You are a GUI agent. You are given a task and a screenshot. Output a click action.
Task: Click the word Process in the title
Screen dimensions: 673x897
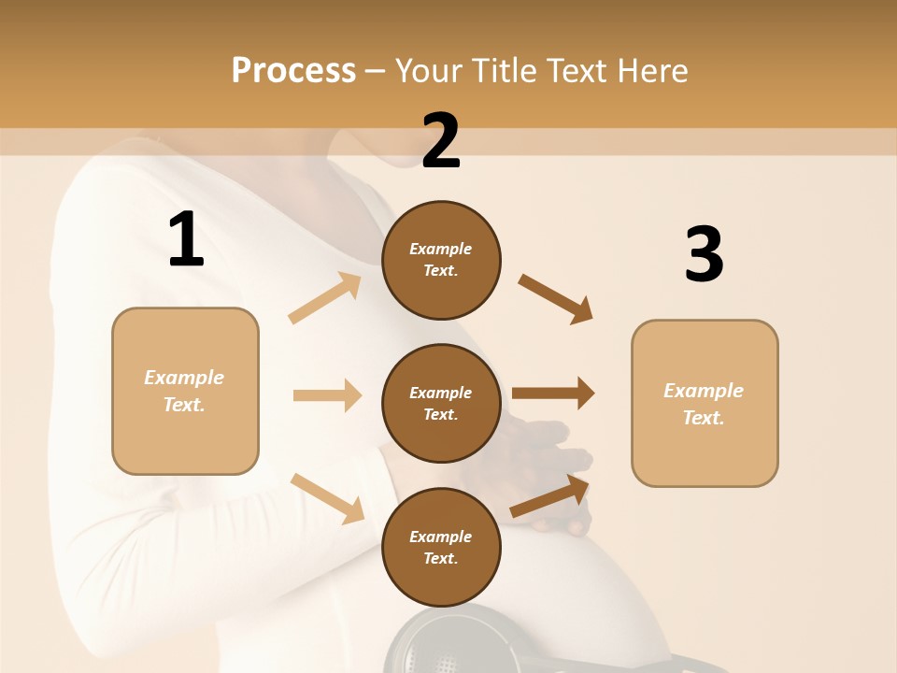(x=293, y=70)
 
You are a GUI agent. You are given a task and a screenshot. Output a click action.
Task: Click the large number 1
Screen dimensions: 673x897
(x=186, y=240)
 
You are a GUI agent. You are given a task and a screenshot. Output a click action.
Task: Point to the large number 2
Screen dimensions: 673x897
(x=441, y=142)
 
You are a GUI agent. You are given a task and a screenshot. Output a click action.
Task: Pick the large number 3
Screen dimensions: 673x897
(x=704, y=255)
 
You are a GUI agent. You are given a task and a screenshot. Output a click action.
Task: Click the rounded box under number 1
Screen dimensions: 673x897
(x=185, y=391)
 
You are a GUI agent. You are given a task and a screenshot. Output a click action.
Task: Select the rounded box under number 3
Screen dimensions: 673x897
(x=705, y=403)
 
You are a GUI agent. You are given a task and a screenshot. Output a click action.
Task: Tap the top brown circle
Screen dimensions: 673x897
(x=441, y=260)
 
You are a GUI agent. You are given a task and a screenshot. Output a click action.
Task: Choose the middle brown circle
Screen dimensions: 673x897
(x=441, y=403)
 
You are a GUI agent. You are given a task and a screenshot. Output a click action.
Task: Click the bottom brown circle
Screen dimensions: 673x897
(x=441, y=547)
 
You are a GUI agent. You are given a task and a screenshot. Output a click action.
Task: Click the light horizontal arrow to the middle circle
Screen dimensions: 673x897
(x=327, y=395)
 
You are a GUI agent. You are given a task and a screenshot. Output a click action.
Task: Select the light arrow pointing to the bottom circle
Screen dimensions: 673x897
(x=327, y=497)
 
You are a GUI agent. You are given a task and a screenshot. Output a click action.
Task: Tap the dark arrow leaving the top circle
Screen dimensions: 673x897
(x=555, y=298)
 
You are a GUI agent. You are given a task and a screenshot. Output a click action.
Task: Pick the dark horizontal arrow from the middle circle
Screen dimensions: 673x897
(x=553, y=394)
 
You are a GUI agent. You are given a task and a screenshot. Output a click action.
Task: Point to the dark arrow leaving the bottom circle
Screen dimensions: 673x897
(x=550, y=496)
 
